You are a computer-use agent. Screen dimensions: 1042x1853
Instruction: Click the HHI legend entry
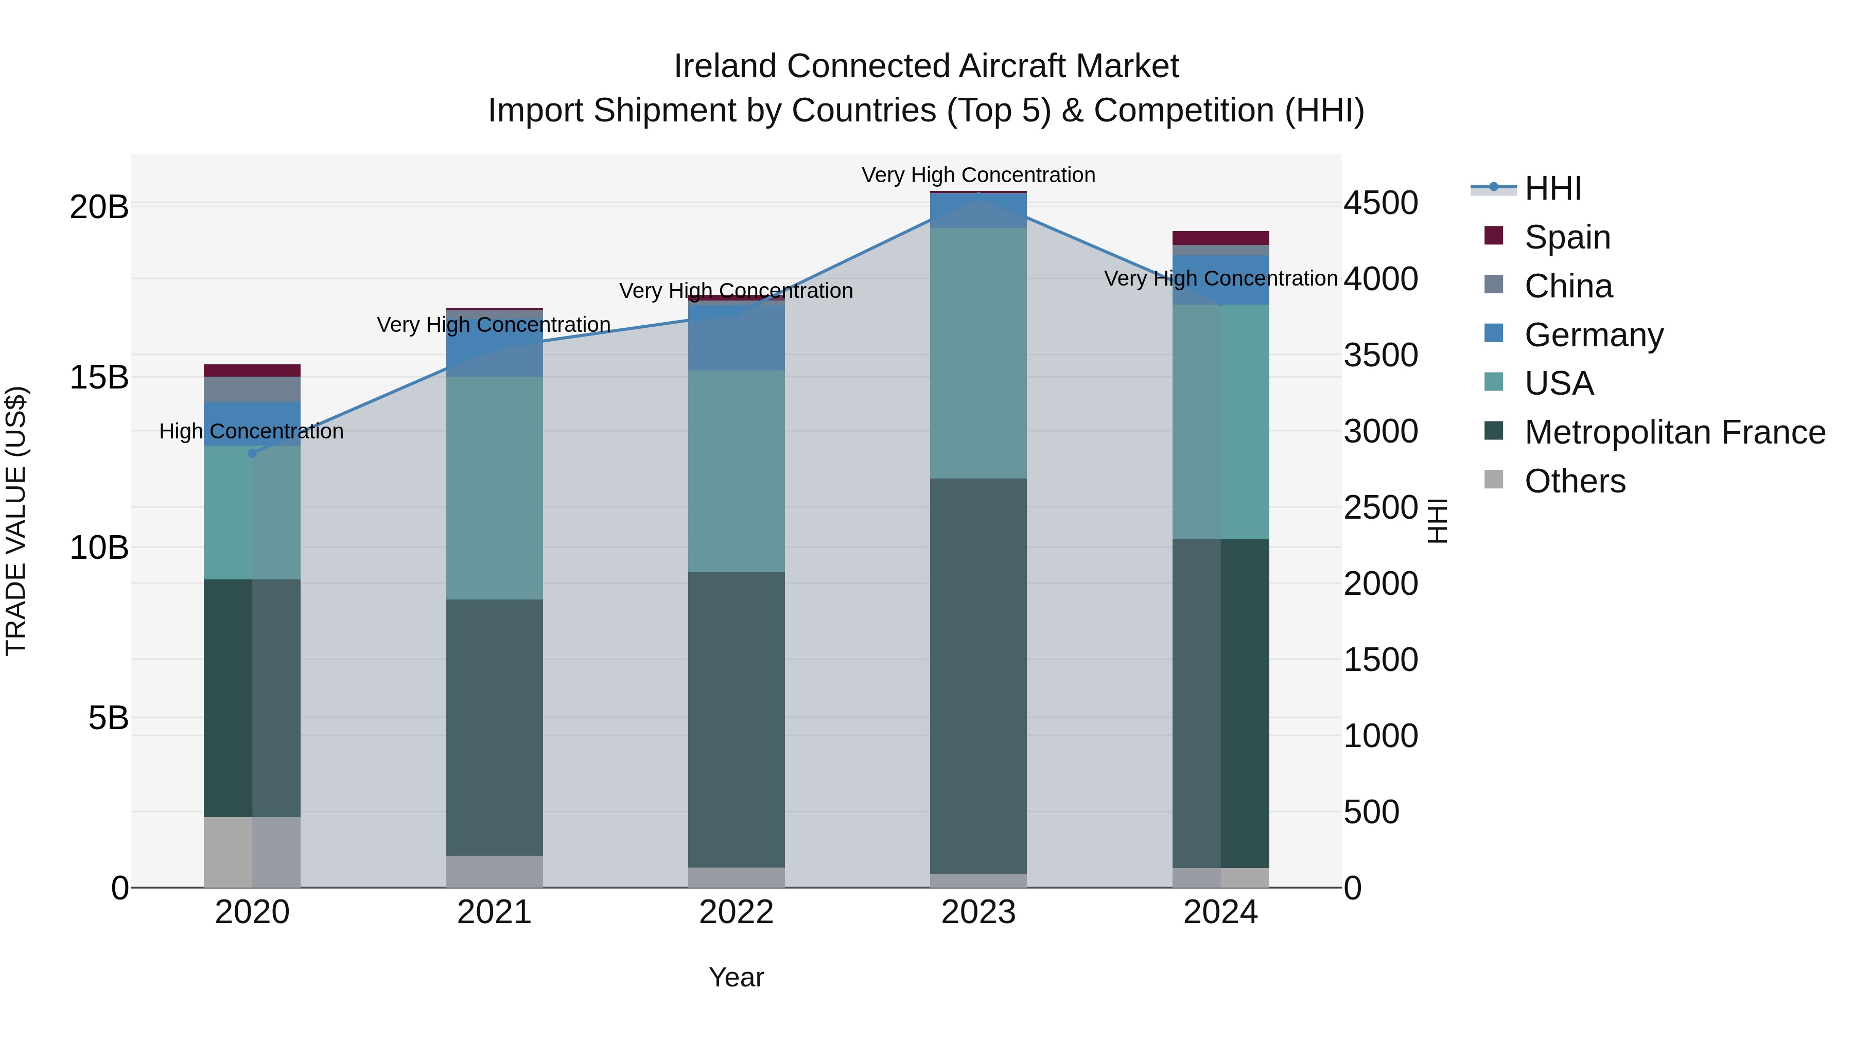[x=1552, y=188]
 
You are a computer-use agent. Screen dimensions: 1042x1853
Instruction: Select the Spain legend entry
[x=1567, y=237]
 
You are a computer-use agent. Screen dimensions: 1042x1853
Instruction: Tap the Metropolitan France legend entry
[x=1674, y=432]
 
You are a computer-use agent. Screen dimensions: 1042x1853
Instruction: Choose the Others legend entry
[x=1575, y=481]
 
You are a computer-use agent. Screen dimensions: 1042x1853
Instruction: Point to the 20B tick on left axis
[x=98, y=207]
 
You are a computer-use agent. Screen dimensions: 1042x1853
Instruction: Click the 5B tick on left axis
[x=108, y=718]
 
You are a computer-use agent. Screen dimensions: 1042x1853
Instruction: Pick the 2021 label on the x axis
[x=494, y=912]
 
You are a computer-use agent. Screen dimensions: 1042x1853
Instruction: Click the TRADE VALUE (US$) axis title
[x=16, y=521]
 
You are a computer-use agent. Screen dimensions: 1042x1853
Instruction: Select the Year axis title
[x=736, y=977]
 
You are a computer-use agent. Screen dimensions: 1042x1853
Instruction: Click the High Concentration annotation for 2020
[x=251, y=432]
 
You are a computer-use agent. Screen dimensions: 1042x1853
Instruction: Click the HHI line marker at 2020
[x=252, y=453]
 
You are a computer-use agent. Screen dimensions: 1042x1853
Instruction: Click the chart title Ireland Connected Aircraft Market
[x=926, y=66]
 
